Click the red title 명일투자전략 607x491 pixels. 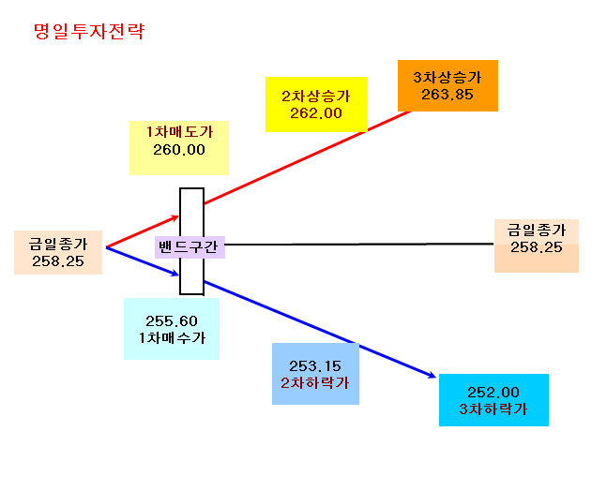(89, 31)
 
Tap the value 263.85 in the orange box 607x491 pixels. (448, 95)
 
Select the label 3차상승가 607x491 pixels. (448, 78)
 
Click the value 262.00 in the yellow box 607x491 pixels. (316, 113)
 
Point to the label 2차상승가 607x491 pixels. (316, 97)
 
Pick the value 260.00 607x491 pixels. (179, 150)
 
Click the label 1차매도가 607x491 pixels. (179, 132)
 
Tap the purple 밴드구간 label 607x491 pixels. (190, 246)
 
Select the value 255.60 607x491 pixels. (172, 320)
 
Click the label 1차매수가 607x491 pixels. (172, 338)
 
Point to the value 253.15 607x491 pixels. (315, 366)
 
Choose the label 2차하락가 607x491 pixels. (315, 383)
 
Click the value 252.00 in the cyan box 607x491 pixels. (493, 393)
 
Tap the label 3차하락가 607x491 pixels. (493, 409)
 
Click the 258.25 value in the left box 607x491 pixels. (58, 261)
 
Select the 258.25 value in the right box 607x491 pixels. (536, 247)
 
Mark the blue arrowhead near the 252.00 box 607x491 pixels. (432, 375)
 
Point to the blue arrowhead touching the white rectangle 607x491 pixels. (175, 274)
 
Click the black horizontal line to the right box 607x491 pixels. (359, 245)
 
